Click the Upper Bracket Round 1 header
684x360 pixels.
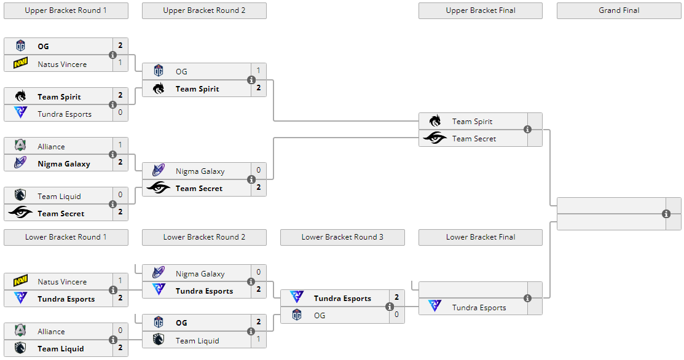click(x=66, y=10)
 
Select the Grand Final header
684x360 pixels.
click(x=619, y=10)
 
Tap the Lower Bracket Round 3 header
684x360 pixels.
click(x=342, y=237)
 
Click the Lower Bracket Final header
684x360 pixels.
click(x=481, y=237)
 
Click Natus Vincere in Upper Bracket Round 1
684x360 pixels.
click(x=62, y=64)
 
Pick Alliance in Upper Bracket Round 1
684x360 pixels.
click(x=51, y=146)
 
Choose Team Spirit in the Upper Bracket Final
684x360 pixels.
click(x=472, y=122)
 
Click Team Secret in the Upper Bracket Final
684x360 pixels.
click(x=474, y=139)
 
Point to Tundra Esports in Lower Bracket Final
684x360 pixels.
click(x=479, y=308)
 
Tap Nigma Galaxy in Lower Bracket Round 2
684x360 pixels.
click(x=200, y=274)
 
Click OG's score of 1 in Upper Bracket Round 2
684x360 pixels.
click(x=258, y=71)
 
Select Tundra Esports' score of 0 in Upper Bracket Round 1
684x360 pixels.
click(x=120, y=112)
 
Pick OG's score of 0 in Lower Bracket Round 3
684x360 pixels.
click(x=396, y=315)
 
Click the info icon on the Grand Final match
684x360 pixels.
click(x=666, y=214)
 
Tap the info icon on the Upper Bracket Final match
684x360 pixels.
click(x=527, y=130)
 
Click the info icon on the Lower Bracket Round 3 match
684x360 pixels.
click(x=390, y=307)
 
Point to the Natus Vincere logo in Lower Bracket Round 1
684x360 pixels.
click(x=20, y=281)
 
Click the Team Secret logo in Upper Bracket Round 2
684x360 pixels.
click(x=159, y=188)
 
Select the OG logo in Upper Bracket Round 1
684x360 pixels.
click(x=20, y=45)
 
